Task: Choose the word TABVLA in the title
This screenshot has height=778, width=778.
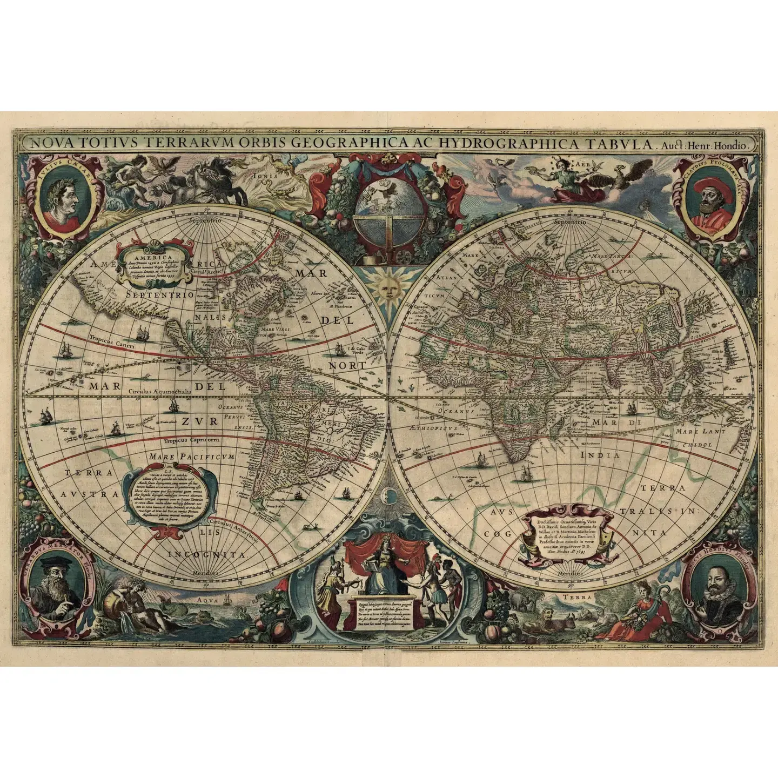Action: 613,144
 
